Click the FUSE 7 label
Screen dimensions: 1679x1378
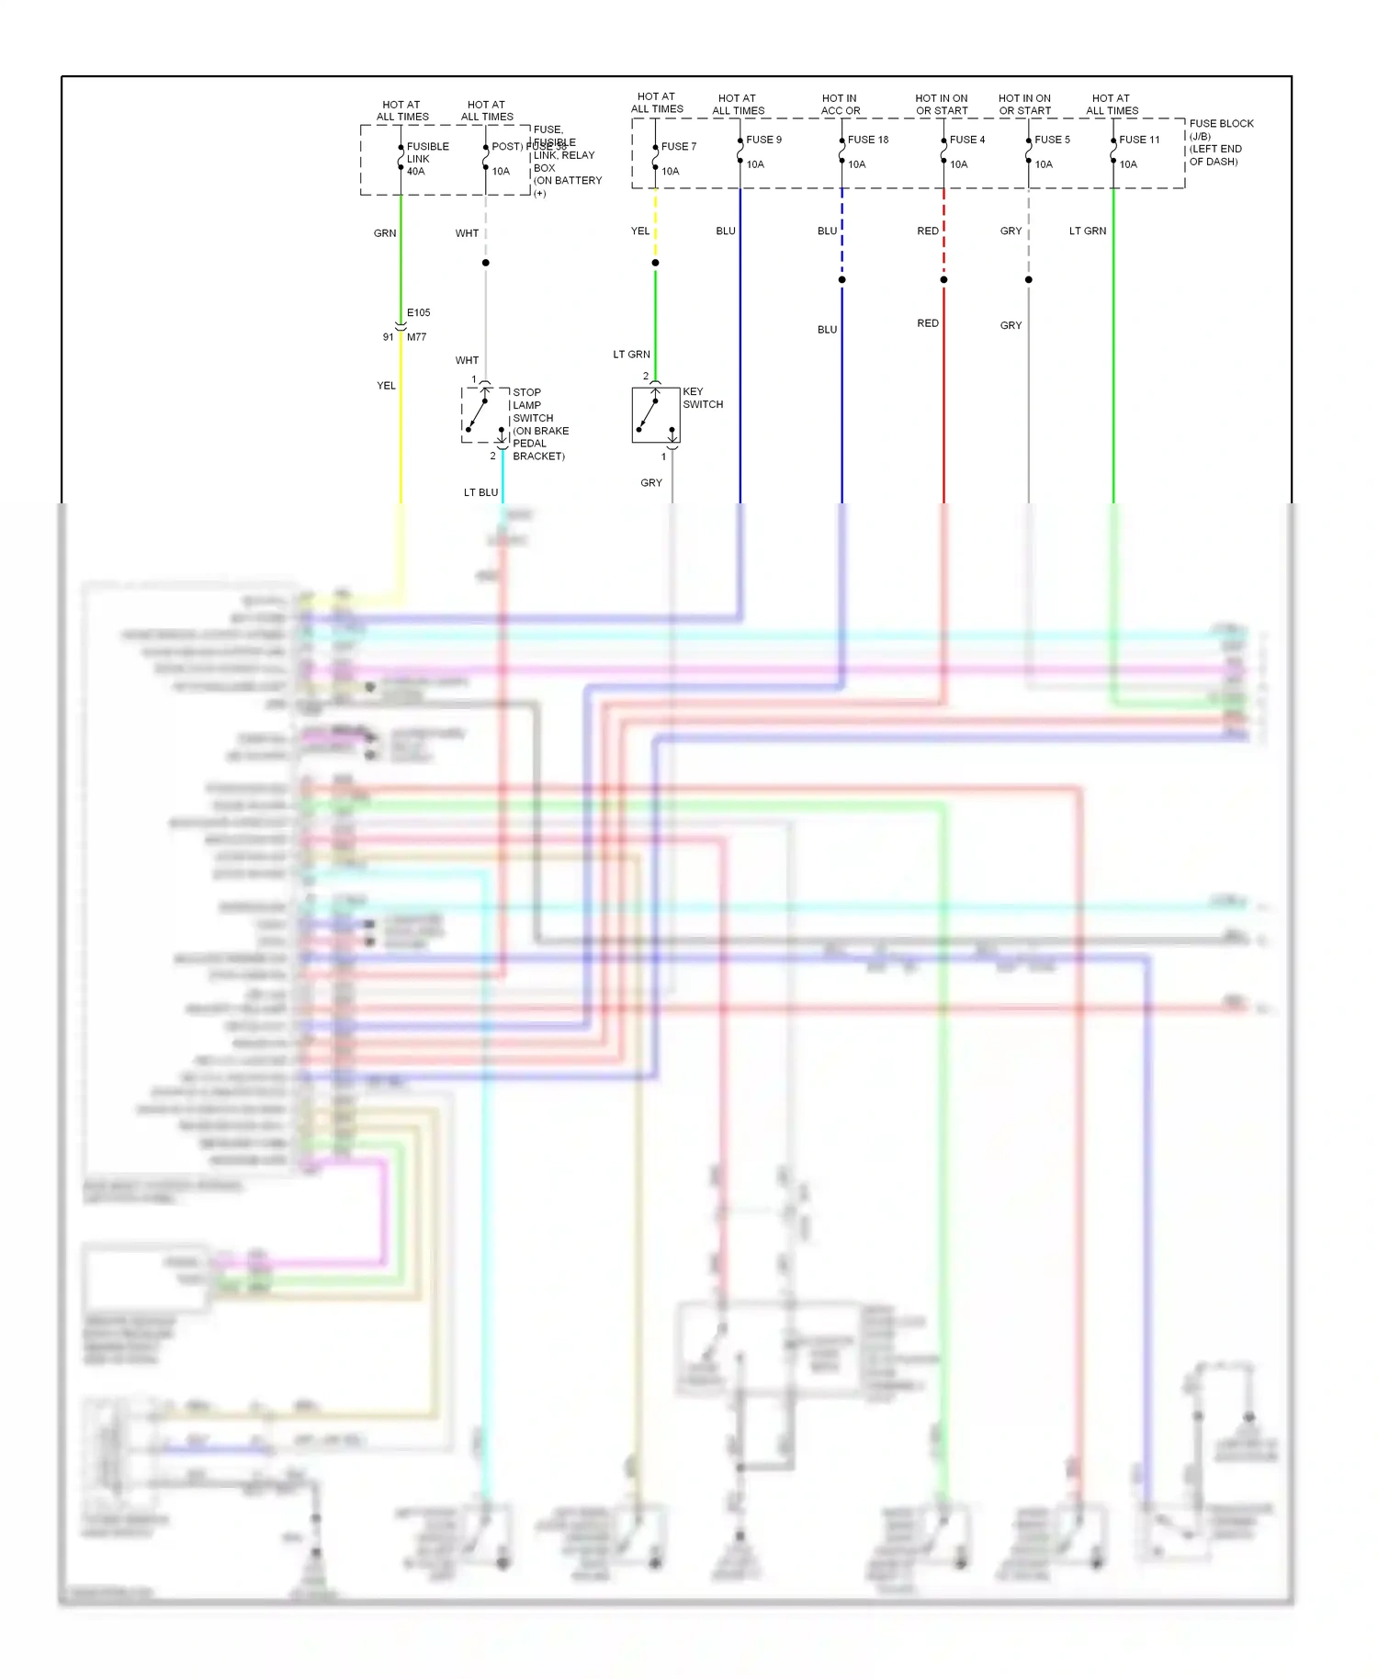(x=678, y=147)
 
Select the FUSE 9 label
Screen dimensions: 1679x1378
(x=763, y=140)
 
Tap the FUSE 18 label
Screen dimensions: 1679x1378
(x=867, y=140)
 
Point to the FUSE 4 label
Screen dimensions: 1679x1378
(x=966, y=140)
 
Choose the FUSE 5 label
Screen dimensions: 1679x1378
(x=1052, y=140)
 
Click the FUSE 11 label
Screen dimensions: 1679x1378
(x=1139, y=140)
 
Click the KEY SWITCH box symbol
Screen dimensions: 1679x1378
(x=656, y=415)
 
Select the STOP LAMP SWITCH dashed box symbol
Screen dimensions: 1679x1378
(x=485, y=415)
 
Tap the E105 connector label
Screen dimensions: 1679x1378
(x=418, y=313)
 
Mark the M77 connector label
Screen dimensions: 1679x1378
(x=416, y=337)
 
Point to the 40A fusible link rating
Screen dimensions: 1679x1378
(x=415, y=172)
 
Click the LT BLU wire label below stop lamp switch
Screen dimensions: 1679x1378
(x=480, y=493)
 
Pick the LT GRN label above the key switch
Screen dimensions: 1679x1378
(x=631, y=355)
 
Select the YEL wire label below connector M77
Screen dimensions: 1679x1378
(x=386, y=386)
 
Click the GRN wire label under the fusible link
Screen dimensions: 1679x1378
(x=385, y=233)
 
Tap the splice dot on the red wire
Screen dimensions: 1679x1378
(x=943, y=279)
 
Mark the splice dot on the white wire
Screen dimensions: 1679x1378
(x=486, y=263)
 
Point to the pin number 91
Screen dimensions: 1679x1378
(x=388, y=337)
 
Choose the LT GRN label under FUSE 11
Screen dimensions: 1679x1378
(x=1087, y=231)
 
